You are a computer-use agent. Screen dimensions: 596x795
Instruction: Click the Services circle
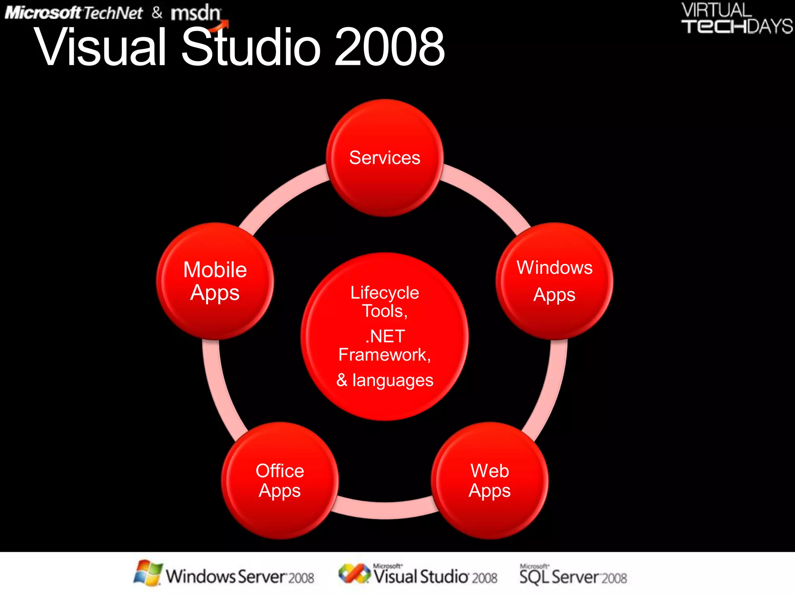[x=385, y=158]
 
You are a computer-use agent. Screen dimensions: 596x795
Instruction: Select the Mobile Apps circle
[x=215, y=281]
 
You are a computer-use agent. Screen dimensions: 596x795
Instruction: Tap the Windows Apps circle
[x=554, y=281]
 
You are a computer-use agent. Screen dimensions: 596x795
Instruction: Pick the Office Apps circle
[x=279, y=480]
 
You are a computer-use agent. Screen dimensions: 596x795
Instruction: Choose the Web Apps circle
[x=489, y=480]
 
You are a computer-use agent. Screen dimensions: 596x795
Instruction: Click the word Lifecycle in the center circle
[x=385, y=293]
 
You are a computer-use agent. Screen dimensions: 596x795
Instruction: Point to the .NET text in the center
[x=385, y=336]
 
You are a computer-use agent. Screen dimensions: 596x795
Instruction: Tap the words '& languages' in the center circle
[x=385, y=380]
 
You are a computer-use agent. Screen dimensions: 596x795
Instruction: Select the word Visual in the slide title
[x=101, y=47]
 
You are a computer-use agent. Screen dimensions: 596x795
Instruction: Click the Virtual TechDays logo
[x=736, y=19]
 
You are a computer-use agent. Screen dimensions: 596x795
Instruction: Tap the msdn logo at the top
[x=196, y=13]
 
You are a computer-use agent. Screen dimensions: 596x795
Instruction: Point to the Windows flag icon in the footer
[x=148, y=573]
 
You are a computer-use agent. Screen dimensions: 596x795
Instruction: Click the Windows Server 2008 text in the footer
[x=240, y=577]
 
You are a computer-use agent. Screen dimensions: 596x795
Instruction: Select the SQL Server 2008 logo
[x=573, y=576]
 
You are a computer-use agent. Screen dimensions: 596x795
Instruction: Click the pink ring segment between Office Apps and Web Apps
[x=385, y=509]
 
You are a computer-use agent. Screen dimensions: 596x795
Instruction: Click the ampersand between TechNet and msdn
[x=157, y=12]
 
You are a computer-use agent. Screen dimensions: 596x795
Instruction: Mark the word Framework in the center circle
[x=382, y=355]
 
